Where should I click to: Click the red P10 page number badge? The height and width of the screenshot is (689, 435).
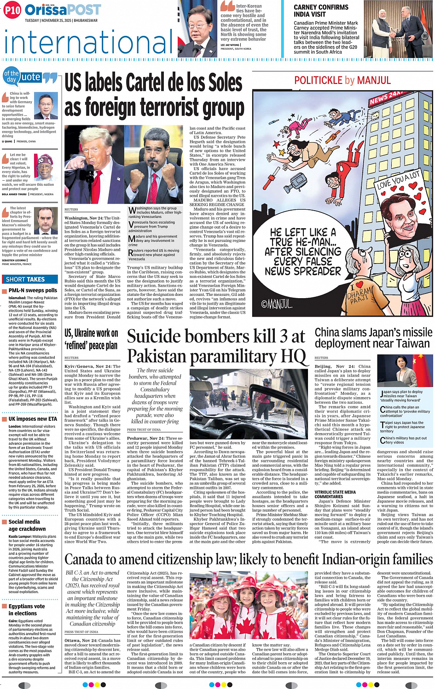[12, 10]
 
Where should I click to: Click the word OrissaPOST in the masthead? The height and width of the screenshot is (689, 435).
[63, 10]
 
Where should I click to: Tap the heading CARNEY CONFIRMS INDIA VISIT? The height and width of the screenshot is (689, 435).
[321, 11]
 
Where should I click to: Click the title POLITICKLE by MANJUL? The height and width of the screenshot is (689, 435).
[342, 81]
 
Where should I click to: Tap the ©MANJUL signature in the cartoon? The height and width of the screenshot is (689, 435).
[277, 304]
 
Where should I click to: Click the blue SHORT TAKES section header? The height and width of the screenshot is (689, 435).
[26, 279]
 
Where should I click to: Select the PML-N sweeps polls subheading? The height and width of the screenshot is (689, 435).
[33, 290]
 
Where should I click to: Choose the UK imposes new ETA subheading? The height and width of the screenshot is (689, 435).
[33, 419]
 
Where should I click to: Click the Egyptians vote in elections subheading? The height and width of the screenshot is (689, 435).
[26, 610]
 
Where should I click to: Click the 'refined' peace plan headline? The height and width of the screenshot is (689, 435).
[91, 345]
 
